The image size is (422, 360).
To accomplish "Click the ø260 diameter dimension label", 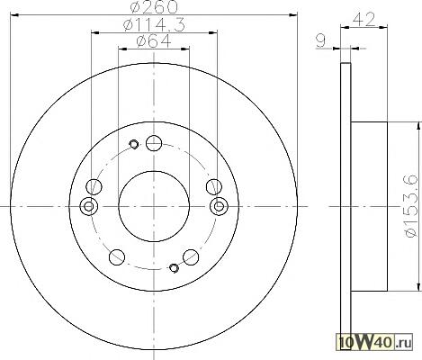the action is click(154, 7).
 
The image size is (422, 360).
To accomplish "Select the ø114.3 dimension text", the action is click(154, 24).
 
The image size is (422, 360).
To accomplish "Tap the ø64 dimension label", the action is click(154, 41).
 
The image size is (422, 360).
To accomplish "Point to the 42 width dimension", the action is click(364, 20).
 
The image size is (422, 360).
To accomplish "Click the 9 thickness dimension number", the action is click(320, 40).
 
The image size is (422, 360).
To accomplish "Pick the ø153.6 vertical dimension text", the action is click(411, 206).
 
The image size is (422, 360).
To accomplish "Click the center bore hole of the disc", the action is click(154, 206).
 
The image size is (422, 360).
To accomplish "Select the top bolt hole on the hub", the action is click(154, 143).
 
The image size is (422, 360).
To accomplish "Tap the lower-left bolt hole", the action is click(117, 257).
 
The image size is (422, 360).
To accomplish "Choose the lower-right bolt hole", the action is click(191, 257).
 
